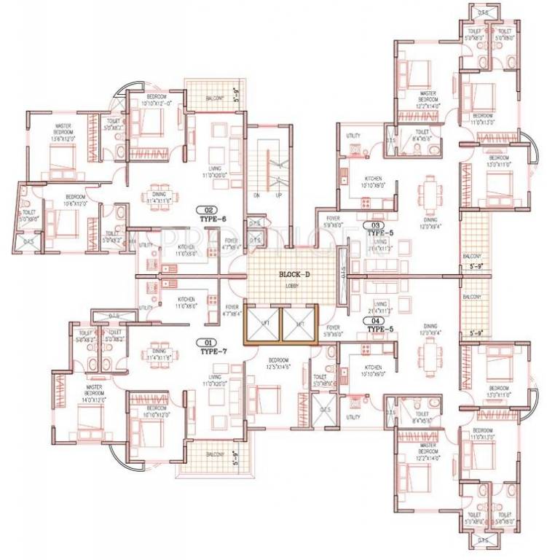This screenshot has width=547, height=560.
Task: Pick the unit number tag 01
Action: (210, 342)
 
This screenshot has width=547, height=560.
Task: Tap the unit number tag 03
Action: (377, 225)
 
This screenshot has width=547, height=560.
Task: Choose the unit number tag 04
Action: (377, 320)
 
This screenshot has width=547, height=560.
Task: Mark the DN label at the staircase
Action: (257, 195)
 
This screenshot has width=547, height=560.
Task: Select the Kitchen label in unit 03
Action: (373, 179)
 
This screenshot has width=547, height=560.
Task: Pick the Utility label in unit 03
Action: (353, 136)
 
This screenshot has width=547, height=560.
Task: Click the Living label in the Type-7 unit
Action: (215, 376)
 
